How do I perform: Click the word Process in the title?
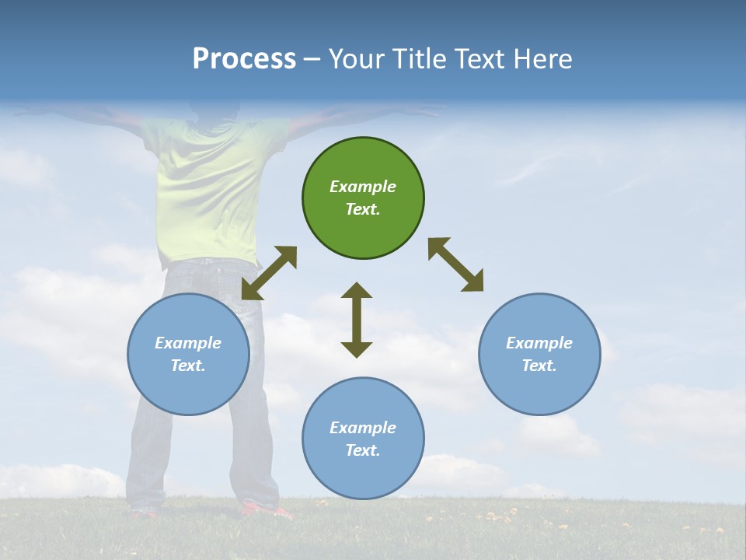tap(244, 59)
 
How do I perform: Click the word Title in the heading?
tap(417, 59)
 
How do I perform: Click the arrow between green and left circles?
tap(269, 273)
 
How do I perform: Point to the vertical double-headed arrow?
tap(357, 320)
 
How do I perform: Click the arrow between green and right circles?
tap(455, 264)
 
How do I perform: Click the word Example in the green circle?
tap(363, 187)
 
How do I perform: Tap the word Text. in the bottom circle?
tap(363, 450)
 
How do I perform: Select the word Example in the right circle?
tap(539, 343)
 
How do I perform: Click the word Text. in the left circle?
tap(188, 366)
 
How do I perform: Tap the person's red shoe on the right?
tap(266, 511)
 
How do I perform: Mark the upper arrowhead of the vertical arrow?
tap(357, 292)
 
